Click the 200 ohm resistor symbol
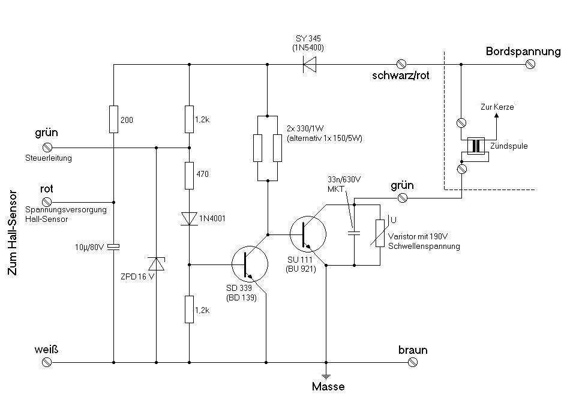[113, 119]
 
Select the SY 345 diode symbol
[310, 63]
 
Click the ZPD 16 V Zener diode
[156, 264]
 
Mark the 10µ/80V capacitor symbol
[113, 246]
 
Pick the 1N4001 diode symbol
[189, 218]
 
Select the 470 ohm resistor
[189, 175]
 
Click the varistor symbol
[380, 234]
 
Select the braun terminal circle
[412, 362]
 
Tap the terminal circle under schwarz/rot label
[401, 63]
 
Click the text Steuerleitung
[48, 158]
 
